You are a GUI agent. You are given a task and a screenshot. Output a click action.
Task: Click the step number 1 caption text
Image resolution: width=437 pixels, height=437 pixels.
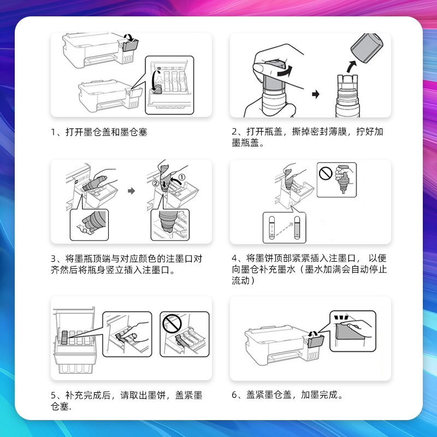pyautogui.click(x=99, y=132)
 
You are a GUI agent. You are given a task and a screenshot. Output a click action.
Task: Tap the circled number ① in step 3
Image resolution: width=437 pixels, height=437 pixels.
pyautogui.click(x=182, y=177)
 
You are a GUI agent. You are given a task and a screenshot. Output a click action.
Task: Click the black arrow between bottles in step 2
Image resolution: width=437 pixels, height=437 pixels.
pyautogui.click(x=315, y=95)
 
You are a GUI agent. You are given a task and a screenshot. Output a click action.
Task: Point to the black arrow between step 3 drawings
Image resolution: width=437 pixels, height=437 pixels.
pyautogui.click(x=131, y=191)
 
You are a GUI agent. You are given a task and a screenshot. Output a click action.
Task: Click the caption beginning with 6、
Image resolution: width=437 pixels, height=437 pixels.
pyautogui.click(x=287, y=394)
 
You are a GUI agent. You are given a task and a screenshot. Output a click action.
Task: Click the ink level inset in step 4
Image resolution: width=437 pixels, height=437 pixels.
pyautogui.click(x=284, y=227)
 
